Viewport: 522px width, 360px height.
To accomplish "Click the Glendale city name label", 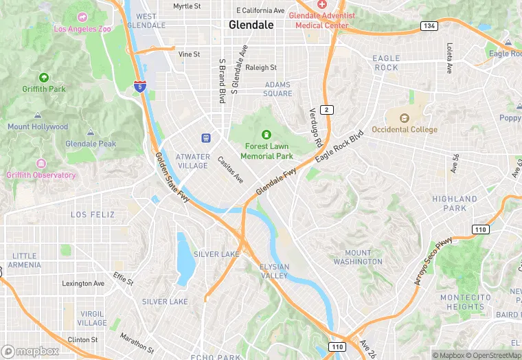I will (x=251, y=25).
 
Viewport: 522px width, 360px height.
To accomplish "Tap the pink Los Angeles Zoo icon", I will (x=82, y=16).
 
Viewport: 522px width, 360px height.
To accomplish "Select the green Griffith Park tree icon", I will (x=44, y=78).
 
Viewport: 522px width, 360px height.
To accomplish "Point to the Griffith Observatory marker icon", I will (x=41, y=164).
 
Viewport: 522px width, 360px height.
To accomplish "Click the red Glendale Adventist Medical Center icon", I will (x=321, y=4).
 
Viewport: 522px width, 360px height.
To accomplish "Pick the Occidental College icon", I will (x=404, y=117).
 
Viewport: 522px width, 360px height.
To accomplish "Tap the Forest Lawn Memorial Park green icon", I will (x=266, y=134).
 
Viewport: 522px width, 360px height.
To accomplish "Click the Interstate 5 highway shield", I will (x=139, y=86).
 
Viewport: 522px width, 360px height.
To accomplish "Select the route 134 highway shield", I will (x=430, y=25).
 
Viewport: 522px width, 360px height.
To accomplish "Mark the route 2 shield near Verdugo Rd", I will (x=328, y=110).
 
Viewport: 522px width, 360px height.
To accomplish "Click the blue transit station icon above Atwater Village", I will (x=205, y=138).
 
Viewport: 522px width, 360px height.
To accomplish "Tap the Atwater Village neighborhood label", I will (x=192, y=161).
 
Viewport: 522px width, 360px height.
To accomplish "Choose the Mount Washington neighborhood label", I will (x=358, y=258).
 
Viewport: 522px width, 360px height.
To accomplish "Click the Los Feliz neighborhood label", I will (x=93, y=214).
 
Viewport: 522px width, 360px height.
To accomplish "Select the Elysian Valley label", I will (x=274, y=271).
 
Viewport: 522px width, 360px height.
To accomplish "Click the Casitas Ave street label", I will (x=231, y=170).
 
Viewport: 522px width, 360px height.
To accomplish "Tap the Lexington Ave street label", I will (x=83, y=283).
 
